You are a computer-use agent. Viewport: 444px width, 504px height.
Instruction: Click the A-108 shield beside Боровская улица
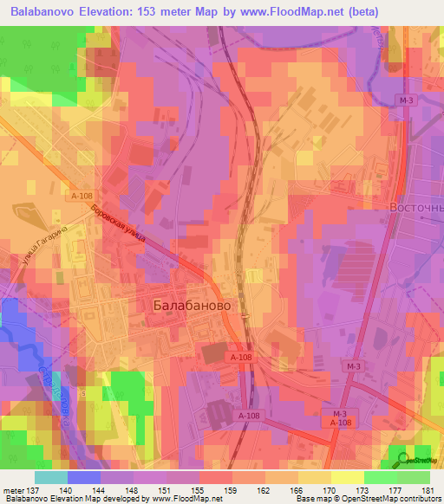tap(81, 197)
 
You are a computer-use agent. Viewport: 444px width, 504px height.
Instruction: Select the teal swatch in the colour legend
tap(51, 477)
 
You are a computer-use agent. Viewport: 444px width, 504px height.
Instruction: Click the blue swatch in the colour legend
tap(84, 477)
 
